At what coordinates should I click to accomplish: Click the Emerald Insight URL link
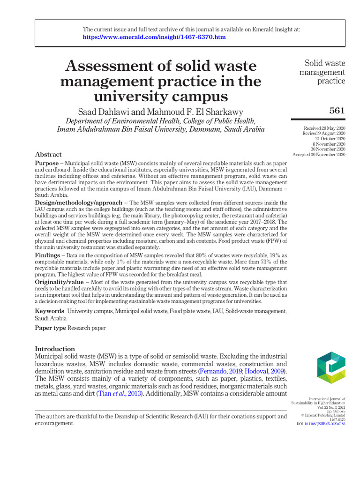click(154, 37)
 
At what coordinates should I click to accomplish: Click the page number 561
click(337, 111)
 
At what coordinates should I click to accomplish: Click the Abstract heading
click(48, 154)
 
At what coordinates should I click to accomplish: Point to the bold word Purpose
click(47, 162)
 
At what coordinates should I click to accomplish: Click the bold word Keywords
click(50, 311)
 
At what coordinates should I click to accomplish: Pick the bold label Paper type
click(51, 328)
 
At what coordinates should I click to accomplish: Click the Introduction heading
click(55, 349)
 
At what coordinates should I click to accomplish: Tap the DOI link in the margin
click(324, 424)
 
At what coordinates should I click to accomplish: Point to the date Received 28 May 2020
click(324, 128)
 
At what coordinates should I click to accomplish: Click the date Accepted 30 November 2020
click(319, 154)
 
